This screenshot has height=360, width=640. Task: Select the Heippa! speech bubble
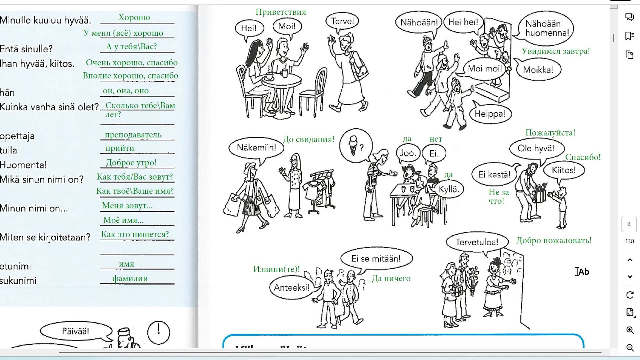coord(490,114)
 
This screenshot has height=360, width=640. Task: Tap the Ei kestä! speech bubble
coord(494,175)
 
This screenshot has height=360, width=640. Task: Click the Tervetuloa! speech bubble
coord(477,242)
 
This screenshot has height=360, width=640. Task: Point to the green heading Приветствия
coord(281,12)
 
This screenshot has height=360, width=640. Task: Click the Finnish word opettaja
coord(17,136)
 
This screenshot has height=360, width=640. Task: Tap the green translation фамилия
coord(130,278)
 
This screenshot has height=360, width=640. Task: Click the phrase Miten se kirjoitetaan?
coord(45,237)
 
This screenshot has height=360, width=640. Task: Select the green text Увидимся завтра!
coord(556,51)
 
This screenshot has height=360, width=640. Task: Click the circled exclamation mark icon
coord(159,332)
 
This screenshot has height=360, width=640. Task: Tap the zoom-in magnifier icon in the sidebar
coord(630,330)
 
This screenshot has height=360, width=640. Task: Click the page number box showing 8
coord(629,224)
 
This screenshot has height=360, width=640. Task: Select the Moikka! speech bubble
coord(538,70)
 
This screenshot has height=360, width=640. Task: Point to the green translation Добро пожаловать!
coord(554,240)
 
